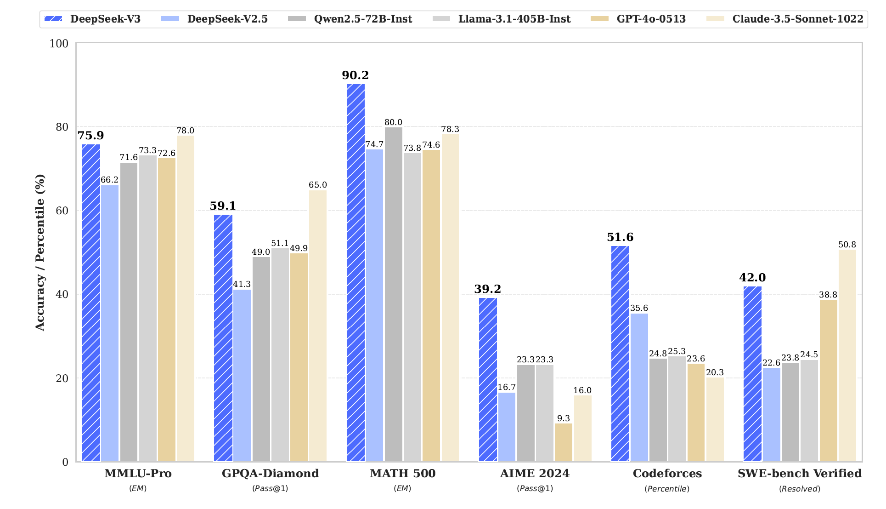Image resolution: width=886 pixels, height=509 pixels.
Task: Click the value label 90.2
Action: pos(355,75)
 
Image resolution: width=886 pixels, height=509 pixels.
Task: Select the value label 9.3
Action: pos(563,418)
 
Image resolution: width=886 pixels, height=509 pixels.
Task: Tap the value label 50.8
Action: pos(847,245)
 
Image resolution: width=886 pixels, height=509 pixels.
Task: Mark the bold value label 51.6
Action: pos(620,237)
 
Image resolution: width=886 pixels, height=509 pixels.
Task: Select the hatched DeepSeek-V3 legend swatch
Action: pos(53,19)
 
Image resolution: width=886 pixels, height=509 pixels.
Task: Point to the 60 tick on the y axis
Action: pos(62,211)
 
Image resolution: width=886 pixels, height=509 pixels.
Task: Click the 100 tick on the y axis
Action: pos(59,43)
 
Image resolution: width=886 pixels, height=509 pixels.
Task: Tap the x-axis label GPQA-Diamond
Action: pos(270,474)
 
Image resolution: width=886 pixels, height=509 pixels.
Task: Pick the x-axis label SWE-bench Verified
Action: pos(799,474)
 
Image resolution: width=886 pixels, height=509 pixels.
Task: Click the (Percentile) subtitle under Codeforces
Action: pos(667,489)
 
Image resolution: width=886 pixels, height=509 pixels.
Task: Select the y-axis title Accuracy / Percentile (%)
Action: pos(40,252)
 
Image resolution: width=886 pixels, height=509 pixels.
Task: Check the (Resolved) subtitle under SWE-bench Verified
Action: pos(799,489)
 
